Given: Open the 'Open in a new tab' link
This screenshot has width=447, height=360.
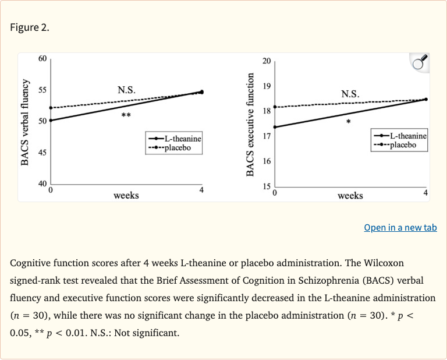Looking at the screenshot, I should (400, 227).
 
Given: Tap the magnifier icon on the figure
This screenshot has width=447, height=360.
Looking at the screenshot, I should (419, 62).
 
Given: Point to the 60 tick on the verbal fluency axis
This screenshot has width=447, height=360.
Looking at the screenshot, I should (42, 59).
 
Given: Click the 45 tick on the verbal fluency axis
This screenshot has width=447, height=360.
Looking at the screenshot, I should (42, 153).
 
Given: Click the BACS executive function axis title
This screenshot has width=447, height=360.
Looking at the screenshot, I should (251, 125).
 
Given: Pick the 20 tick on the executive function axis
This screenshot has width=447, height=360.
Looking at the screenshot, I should (267, 61).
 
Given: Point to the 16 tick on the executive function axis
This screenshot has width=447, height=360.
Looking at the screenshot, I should (267, 161).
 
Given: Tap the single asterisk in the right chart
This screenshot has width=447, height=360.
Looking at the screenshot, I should (348, 122).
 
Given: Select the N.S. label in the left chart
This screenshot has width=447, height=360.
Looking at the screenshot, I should (126, 90).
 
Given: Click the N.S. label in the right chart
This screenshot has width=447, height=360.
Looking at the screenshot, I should (350, 94).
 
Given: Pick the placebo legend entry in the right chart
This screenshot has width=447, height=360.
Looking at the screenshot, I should (401, 144).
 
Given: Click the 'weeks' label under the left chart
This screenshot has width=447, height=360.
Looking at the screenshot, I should (126, 195).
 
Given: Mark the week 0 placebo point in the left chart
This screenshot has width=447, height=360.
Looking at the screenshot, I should (51, 108).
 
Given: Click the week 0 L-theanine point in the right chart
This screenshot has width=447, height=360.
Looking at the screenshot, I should (275, 127).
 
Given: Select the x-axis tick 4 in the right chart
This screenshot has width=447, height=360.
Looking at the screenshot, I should (425, 192).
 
